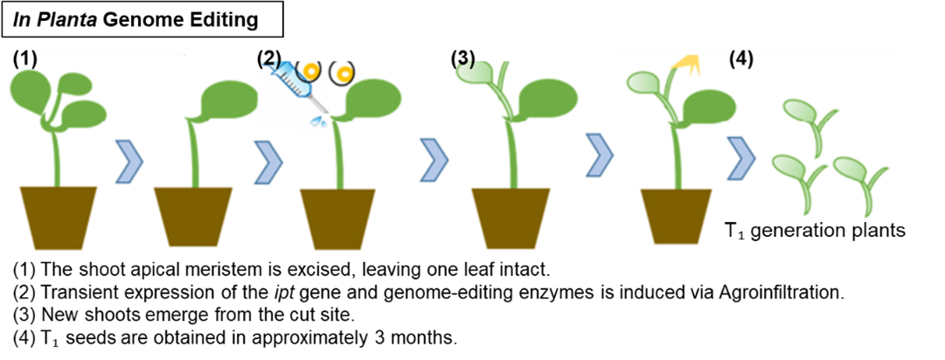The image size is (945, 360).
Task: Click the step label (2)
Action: [x=269, y=59]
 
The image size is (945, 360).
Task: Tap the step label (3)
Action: [x=463, y=59]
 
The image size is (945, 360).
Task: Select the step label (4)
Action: [x=740, y=60]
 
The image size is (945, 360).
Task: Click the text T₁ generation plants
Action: [x=813, y=232]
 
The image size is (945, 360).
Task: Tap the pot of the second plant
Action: [x=194, y=217]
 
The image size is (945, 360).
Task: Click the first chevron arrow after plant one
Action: [x=129, y=163]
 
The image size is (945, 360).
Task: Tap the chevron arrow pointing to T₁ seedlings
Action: [x=741, y=157]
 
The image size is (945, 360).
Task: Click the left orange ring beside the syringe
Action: [x=307, y=69]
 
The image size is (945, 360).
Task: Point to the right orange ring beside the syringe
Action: [x=344, y=72]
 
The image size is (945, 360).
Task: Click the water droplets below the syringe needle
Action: [x=313, y=122]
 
